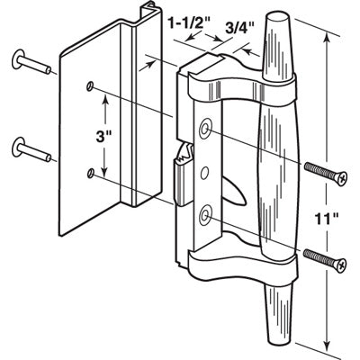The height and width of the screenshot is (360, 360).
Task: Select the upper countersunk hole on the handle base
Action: (x=209, y=130)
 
